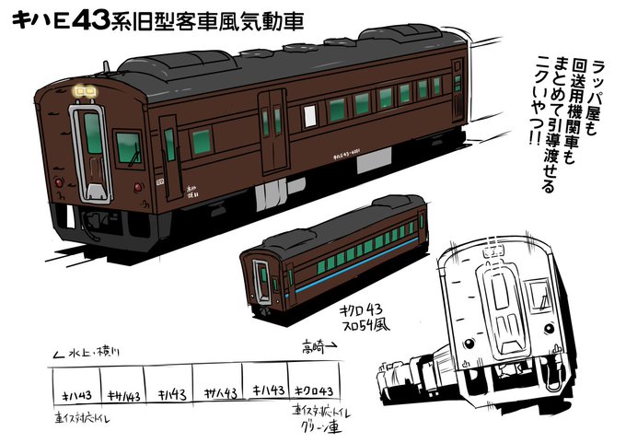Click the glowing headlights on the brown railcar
(86, 91)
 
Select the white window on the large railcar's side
(310, 114)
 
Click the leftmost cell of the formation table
(75, 393)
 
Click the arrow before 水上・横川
(60, 352)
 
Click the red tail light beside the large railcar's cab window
(137, 186)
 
